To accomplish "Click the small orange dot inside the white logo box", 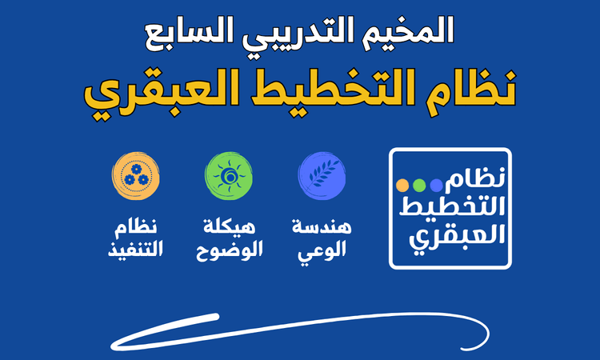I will [402, 186].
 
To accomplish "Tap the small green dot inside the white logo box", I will [418, 186].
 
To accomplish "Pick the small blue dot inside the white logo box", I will [435, 186].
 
